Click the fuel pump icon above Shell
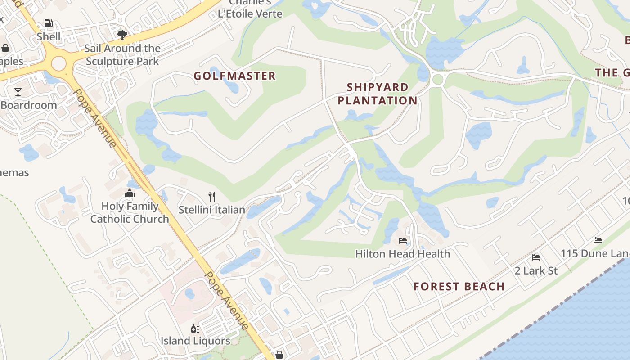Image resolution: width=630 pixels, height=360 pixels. point(48,23)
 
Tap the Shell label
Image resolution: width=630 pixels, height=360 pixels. point(49,36)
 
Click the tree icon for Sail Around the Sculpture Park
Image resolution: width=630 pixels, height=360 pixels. point(122,35)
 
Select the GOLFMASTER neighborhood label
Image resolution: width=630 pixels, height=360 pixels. point(234,76)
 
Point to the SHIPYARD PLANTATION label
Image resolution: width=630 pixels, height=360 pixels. point(378,94)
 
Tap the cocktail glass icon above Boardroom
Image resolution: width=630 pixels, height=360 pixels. point(18,92)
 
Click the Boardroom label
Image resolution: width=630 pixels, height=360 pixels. point(29,105)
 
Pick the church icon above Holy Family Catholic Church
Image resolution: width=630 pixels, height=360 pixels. point(130,193)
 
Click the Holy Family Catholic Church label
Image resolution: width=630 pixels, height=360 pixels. point(130,212)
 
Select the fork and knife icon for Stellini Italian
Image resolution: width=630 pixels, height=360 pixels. point(212,196)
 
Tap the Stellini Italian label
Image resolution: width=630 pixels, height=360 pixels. point(212,210)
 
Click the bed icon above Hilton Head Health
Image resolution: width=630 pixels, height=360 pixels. point(403,241)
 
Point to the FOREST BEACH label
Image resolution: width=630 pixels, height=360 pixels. point(459,287)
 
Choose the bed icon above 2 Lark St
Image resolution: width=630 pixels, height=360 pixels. point(536,257)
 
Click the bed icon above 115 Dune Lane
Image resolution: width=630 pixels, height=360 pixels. point(598,240)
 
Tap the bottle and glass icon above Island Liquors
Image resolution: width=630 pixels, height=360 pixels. point(195,328)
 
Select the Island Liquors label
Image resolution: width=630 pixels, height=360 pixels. point(195,341)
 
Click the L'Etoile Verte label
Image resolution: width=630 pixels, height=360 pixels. point(250,13)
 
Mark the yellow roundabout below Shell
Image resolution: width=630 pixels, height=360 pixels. point(59,63)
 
